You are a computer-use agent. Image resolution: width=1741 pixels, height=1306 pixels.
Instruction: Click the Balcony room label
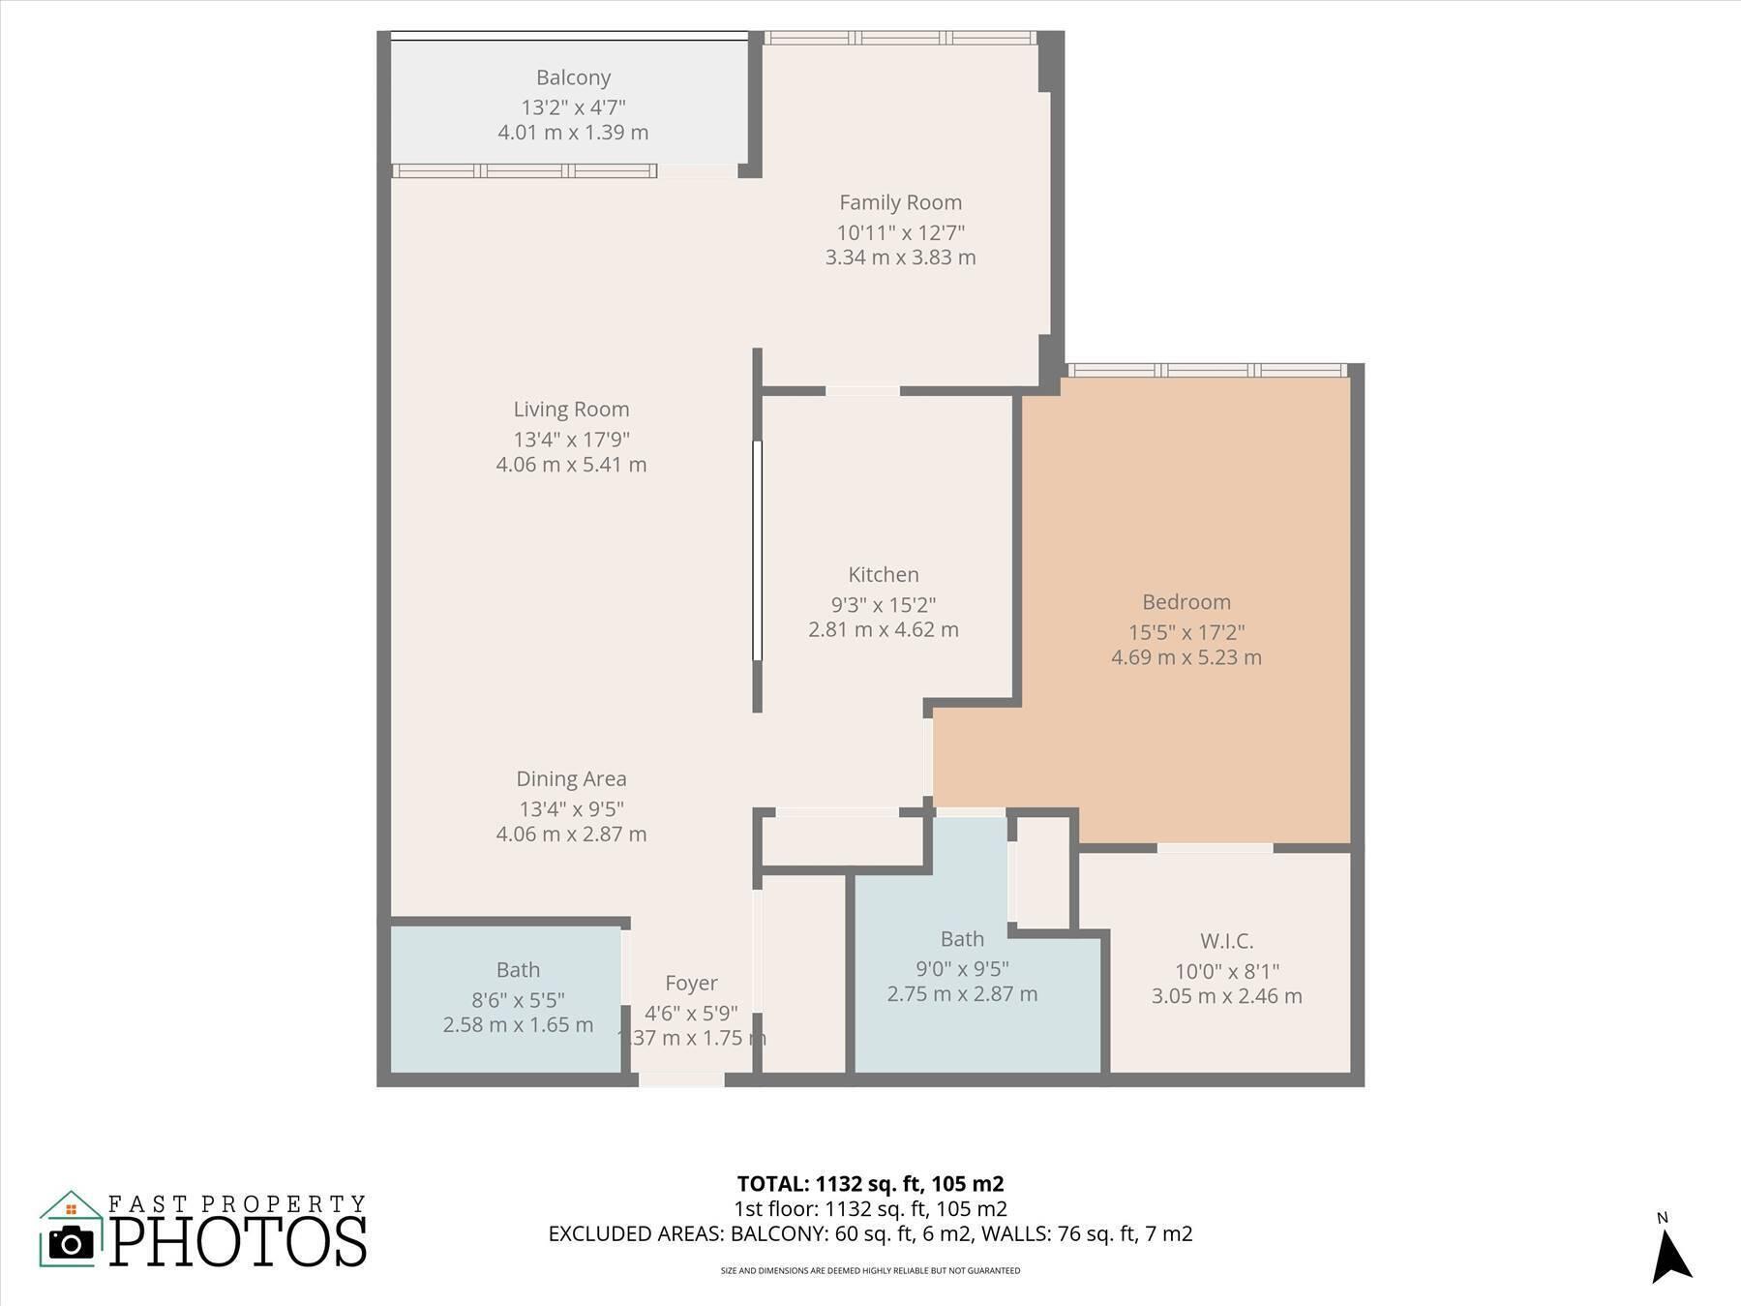[573, 77]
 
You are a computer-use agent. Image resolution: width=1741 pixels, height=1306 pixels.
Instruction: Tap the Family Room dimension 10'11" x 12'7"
[900, 232]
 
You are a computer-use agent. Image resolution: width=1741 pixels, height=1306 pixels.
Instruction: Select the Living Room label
[571, 410]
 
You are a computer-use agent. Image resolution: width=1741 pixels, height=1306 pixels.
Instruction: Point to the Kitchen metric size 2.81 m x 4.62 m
[883, 630]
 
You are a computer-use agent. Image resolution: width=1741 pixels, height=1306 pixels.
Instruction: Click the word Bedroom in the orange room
[1186, 602]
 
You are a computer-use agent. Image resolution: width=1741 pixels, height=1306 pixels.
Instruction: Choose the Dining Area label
[571, 779]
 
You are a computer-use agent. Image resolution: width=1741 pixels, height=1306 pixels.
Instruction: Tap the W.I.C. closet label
[1226, 941]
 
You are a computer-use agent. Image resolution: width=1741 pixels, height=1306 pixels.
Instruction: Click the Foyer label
[691, 984]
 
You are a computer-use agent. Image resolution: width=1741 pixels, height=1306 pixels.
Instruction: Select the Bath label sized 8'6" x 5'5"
[518, 970]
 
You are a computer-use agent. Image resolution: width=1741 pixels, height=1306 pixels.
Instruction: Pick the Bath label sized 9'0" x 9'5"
[962, 939]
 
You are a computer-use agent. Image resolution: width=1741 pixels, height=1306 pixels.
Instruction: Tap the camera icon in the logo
[71, 1242]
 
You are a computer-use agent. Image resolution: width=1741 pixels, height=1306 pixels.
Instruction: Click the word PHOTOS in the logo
[238, 1242]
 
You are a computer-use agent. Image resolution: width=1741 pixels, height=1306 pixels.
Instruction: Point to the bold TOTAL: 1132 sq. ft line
[870, 1184]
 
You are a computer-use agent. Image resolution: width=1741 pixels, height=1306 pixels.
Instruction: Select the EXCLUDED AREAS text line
[870, 1234]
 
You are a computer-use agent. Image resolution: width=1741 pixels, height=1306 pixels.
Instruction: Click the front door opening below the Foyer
[681, 1079]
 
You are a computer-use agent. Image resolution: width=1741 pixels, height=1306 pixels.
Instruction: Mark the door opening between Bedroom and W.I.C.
[1215, 848]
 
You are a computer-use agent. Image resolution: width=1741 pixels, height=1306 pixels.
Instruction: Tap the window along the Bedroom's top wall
[1207, 370]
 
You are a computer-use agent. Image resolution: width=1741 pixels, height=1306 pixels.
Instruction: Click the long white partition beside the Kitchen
[757, 551]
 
